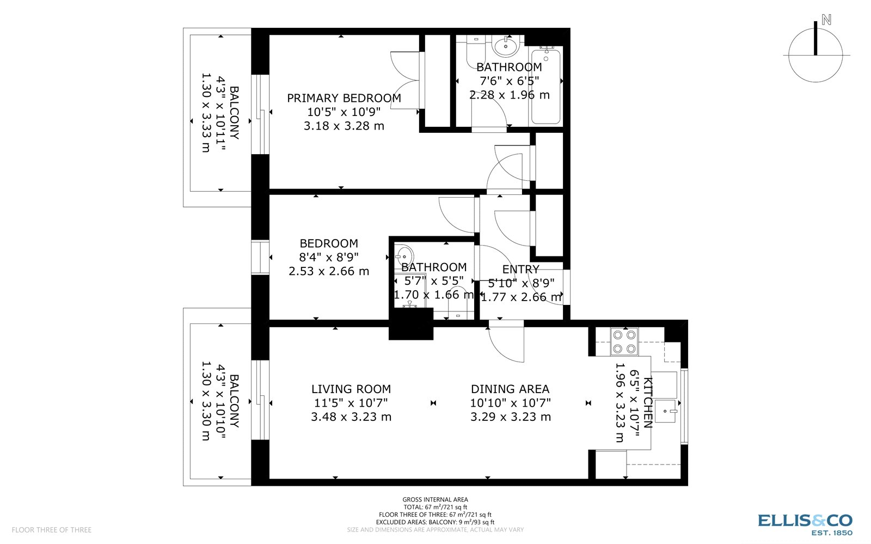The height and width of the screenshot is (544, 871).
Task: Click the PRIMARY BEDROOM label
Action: click(344, 98)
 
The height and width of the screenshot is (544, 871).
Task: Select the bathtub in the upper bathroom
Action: click(545, 85)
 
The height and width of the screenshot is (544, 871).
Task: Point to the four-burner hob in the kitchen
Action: click(624, 342)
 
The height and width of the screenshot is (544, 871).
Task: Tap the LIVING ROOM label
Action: click(351, 389)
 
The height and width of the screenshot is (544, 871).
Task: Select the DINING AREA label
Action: click(510, 389)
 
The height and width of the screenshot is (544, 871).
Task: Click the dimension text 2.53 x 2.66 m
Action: click(329, 271)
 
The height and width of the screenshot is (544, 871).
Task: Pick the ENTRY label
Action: click(520, 269)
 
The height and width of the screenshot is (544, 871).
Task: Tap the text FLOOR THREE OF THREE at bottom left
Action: click(52, 529)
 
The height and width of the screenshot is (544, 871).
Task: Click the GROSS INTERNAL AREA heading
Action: click(435, 499)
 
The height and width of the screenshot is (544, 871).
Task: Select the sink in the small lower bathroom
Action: click(404, 255)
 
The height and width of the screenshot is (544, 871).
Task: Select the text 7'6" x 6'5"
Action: click(509, 81)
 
